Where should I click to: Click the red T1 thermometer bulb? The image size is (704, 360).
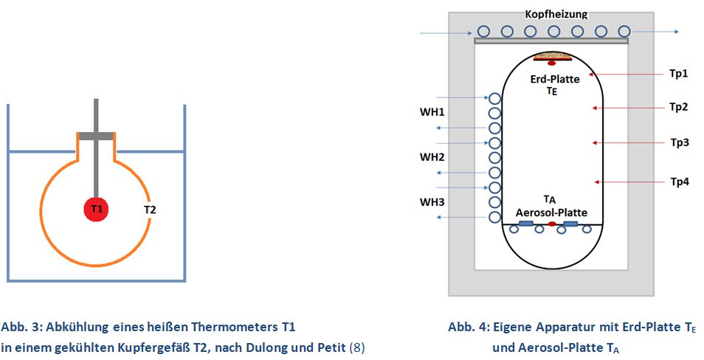[97, 210]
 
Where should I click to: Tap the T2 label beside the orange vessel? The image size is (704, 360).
[150, 210]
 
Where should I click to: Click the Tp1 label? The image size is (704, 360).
[678, 74]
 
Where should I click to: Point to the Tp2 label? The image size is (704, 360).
[678, 107]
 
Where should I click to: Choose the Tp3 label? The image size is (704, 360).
[678, 142]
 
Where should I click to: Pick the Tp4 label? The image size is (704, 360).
[678, 181]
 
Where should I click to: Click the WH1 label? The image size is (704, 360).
[432, 114]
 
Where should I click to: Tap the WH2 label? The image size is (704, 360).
[432, 157]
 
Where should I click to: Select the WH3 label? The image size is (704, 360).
[432, 201]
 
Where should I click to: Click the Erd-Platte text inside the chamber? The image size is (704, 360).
[553, 80]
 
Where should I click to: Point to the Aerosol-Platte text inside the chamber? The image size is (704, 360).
[551, 212]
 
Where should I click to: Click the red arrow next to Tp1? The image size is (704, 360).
[621, 74]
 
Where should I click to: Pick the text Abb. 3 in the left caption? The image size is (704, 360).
[19, 327]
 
